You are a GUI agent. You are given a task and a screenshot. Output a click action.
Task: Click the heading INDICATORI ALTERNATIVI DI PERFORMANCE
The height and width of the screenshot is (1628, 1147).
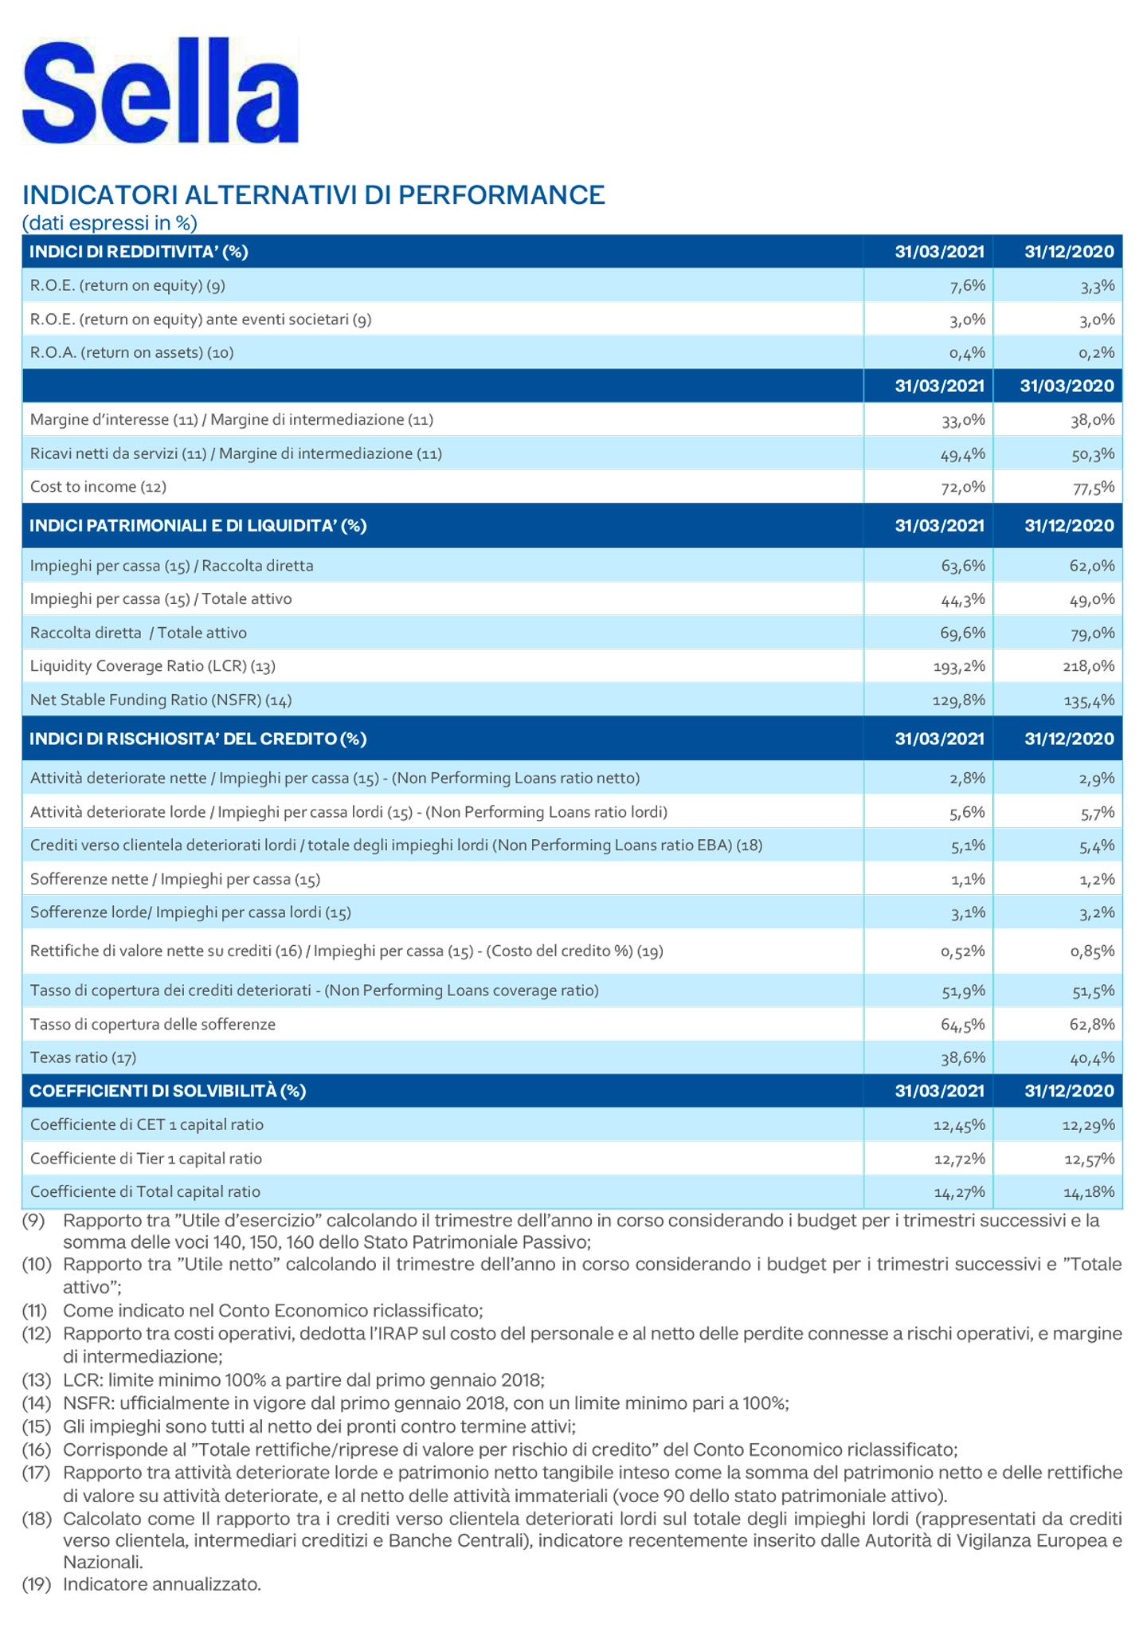coord(314,195)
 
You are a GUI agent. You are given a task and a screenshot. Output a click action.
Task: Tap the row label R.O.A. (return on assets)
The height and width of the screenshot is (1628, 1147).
coord(131,353)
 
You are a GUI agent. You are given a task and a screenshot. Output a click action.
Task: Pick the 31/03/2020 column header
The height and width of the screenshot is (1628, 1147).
coord(1067,386)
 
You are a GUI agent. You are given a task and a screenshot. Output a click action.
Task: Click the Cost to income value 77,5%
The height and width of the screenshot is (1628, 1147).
coord(1093,488)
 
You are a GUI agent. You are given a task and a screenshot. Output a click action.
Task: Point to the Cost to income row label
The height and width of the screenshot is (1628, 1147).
coord(98,487)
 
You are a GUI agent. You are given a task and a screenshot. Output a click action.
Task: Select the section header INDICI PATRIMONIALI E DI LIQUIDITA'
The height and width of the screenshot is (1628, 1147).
coord(198,526)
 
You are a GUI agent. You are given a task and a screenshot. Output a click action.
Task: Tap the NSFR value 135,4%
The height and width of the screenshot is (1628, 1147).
coord(1089,701)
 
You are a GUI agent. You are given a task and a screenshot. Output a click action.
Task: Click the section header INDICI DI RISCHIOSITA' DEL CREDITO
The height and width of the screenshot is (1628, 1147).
coord(198,739)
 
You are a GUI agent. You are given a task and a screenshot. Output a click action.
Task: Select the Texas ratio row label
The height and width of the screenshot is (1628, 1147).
coord(83,1058)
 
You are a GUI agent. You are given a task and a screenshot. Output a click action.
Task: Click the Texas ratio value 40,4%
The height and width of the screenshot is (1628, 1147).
coord(1092,1059)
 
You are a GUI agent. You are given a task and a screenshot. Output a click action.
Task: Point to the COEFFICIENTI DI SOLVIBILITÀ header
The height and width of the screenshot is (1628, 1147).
coord(167,1092)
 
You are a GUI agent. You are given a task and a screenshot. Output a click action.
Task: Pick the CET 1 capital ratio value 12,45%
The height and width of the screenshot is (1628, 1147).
coord(959,1125)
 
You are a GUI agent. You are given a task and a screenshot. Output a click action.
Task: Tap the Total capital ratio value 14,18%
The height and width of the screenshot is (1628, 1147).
coord(1089,1193)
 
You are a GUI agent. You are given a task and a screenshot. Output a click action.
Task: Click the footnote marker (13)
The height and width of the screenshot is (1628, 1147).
coord(36,1379)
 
